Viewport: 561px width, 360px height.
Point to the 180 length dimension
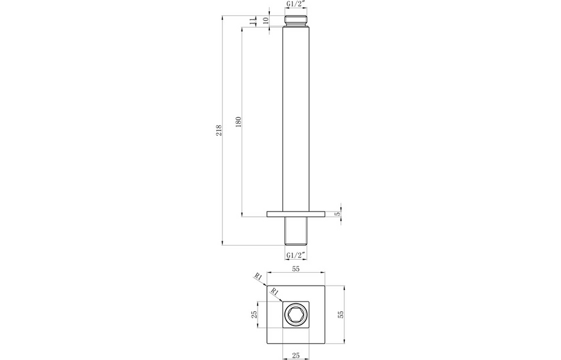238,122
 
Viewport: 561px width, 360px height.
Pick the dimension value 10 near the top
265,20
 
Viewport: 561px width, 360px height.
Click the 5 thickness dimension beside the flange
337,214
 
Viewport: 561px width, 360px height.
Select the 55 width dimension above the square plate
295,269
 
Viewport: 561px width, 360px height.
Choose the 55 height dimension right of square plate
340,314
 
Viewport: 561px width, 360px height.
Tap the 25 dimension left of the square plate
255,314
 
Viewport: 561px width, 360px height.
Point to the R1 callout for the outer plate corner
258,276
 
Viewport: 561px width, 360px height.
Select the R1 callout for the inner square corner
274,291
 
